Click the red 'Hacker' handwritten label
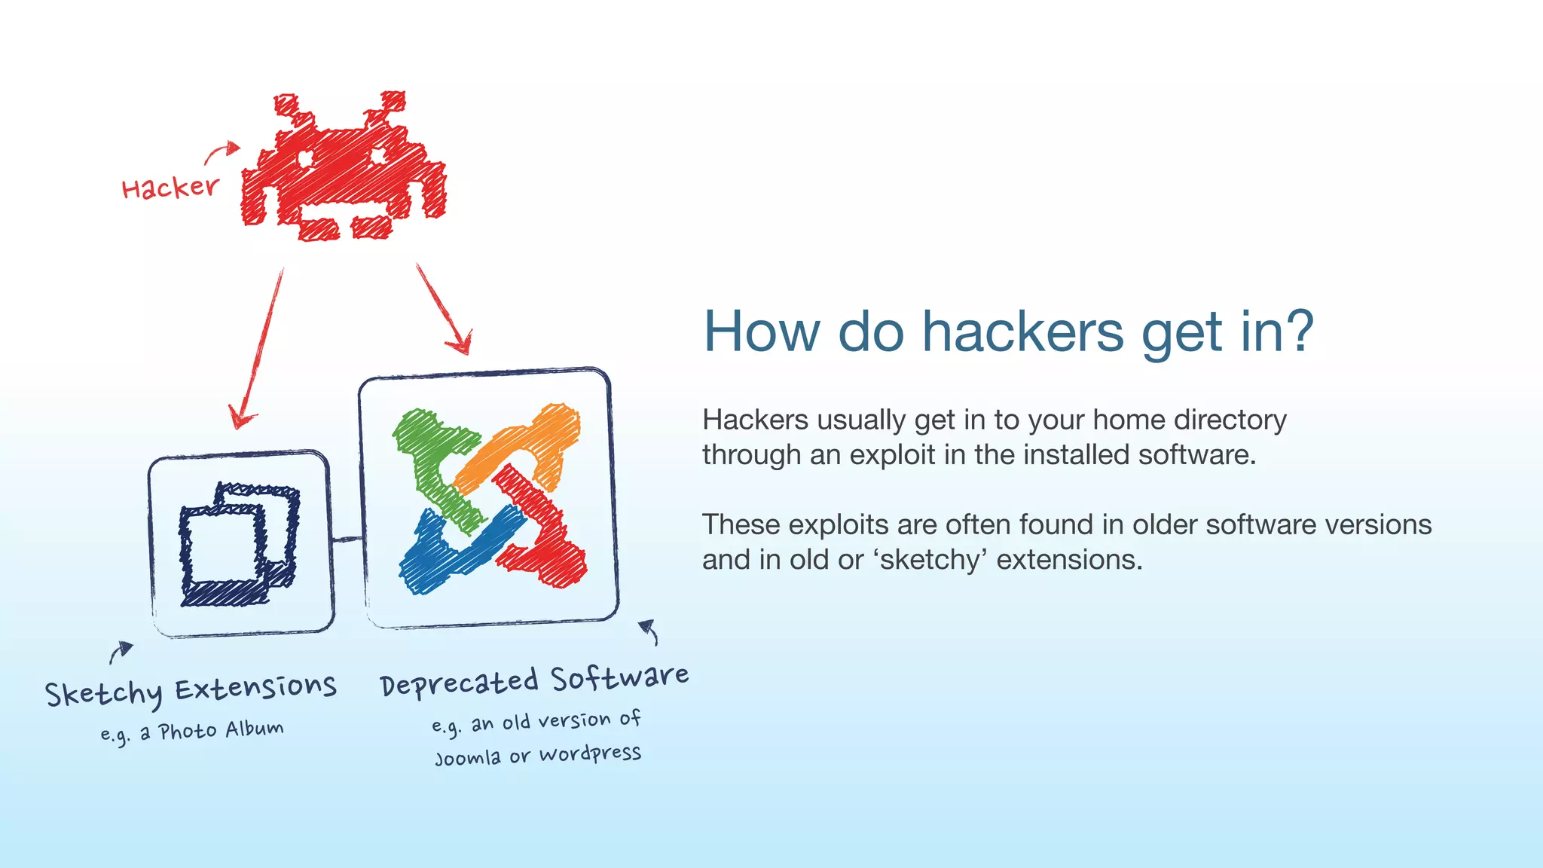170,188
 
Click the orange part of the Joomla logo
527,445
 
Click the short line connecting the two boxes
347,539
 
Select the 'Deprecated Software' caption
534,680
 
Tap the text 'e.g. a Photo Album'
192,732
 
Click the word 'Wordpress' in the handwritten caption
590,753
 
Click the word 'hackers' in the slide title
1023,332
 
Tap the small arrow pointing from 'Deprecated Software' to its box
649,631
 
